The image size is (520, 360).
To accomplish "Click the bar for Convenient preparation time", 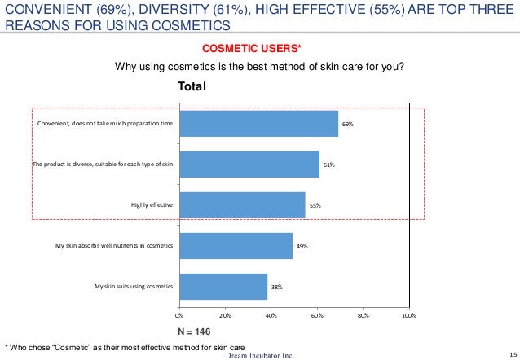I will pos(258,124).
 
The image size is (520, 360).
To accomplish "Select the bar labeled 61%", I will pos(249,165).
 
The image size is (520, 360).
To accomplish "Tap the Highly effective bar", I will pos(242,205).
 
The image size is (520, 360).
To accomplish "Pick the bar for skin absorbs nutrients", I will pos(236,246).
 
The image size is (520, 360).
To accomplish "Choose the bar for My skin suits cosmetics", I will pos(223,287).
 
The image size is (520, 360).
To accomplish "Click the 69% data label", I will pos(347,124).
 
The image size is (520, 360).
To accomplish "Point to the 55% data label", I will pos(315,205).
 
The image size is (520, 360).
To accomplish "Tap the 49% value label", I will pos(302,246).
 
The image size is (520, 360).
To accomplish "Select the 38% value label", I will pos(277,287).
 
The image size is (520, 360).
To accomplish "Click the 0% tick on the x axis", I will pos(179,314).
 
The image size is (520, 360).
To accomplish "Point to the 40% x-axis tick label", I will pos(271,314).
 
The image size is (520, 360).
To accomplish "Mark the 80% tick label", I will pos(364,314).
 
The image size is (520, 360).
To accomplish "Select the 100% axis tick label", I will pos(409,314).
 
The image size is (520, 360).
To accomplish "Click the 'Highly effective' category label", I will pos(152,205).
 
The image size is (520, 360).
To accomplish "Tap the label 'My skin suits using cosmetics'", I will pos(134,287).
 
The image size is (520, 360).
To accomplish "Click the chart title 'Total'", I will pos(192,86).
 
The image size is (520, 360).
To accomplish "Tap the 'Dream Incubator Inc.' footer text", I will pos(259,354).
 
